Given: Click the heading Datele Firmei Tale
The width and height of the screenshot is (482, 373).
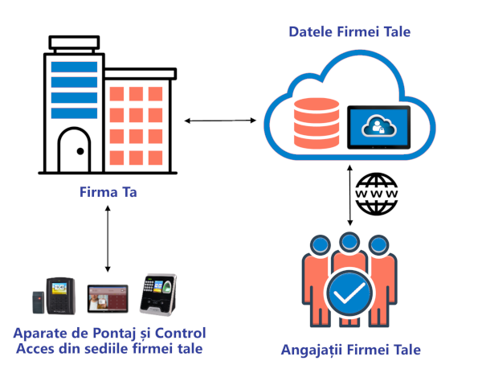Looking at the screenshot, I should pyautogui.click(x=349, y=33).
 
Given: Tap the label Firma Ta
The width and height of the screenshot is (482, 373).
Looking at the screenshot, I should pyautogui.click(x=108, y=192).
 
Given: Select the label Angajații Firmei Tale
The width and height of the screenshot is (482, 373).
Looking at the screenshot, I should pyautogui.click(x=351, y=350).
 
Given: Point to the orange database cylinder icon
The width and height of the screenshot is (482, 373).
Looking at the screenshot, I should pyautogui.click(x=317, y=118).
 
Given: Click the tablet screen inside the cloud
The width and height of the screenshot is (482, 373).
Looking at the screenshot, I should pyautogui.click(x=378, y=126).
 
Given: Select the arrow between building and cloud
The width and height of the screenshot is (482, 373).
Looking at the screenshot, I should pyautogui.click(x=220, y=121).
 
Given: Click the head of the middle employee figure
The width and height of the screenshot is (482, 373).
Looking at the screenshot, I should pyautogui.click(x=349, y=242).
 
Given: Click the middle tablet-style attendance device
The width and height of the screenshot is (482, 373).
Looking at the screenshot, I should pyautogui.click(x=107, y=297).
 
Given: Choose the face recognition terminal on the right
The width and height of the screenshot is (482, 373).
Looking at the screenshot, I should pyautogui.click(x=158, y=294).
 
